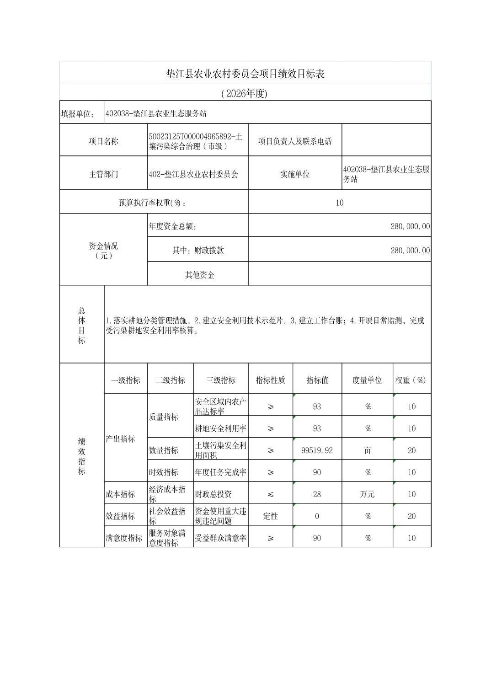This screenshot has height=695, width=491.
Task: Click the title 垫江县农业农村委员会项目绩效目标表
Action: pos(245,74)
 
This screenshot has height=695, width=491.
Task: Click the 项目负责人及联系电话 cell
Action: pos(295,141)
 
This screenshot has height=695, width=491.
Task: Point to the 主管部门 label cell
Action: pos(103,174)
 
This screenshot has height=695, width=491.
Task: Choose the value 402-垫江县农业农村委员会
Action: pos(194,174)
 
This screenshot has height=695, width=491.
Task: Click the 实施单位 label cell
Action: pos(295,174)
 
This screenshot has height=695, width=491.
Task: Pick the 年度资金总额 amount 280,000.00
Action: pos(410,226)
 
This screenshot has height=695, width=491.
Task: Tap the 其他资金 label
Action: pos(200,275)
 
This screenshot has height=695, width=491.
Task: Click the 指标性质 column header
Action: pos(271,380)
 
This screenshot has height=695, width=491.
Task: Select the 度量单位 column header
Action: pos(367,380)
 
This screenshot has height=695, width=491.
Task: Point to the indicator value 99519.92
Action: pos(317,450)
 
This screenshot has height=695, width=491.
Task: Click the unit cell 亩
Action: pos(368,450)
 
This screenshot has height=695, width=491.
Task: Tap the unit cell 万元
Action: pos(368,494)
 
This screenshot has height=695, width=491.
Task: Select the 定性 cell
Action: pos(271,516)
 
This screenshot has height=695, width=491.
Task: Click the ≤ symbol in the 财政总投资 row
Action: pos(271,494)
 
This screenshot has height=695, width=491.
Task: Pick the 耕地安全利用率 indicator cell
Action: pos(221,428)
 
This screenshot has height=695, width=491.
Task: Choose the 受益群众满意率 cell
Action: pos(221,538)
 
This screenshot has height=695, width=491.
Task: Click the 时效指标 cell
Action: pos(164,472)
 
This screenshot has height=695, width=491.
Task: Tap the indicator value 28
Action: pos(317,494)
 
